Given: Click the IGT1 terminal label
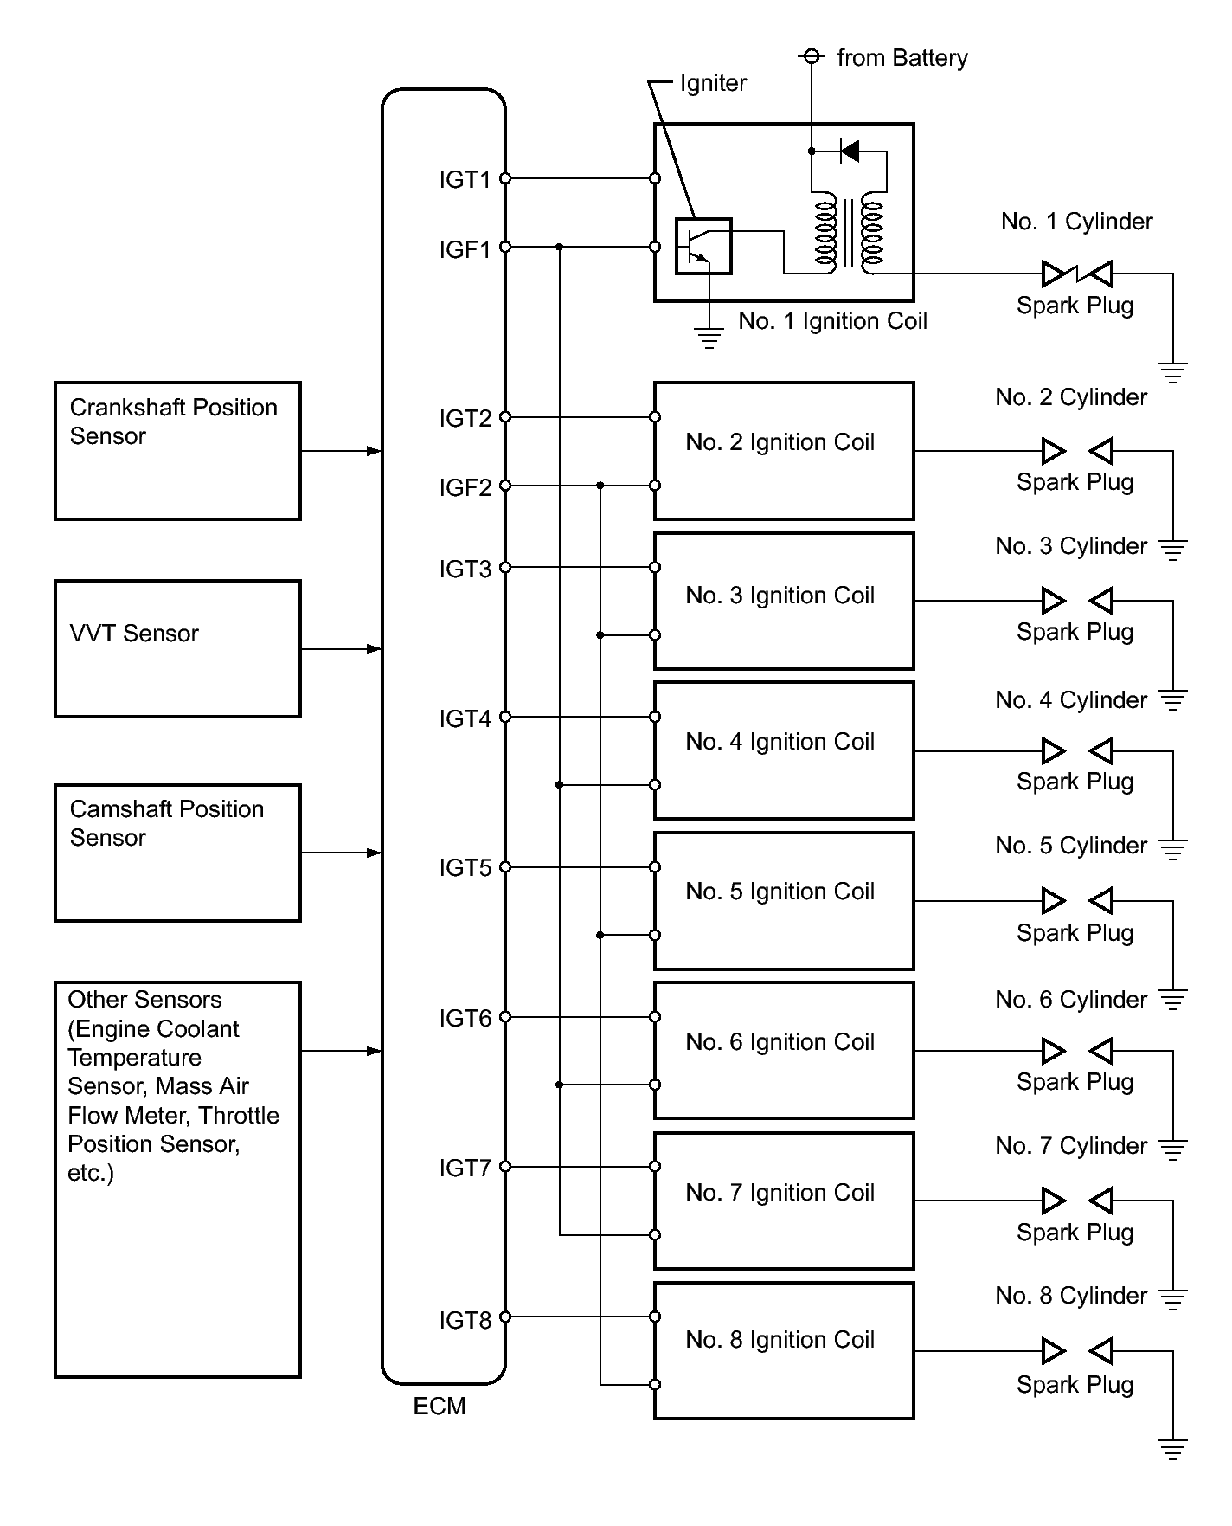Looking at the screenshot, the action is (x=465, y=179).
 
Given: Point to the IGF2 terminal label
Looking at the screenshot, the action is (x=465, y=487).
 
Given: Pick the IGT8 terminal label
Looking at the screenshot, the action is (x=465, y=1320).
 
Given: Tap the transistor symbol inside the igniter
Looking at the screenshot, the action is (x=703, y=246).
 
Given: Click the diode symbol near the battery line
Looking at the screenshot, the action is (x=850, y=151).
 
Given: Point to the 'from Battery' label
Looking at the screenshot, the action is (x=902, y=58).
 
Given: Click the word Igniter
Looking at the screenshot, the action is (x=713, y=83).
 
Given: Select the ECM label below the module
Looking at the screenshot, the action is (x=440, y=1407).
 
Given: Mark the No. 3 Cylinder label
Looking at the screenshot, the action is (x=1071, y=546).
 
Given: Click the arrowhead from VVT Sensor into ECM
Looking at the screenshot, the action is (x=374, y=648).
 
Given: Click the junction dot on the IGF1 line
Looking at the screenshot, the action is (x=560, y=247).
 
